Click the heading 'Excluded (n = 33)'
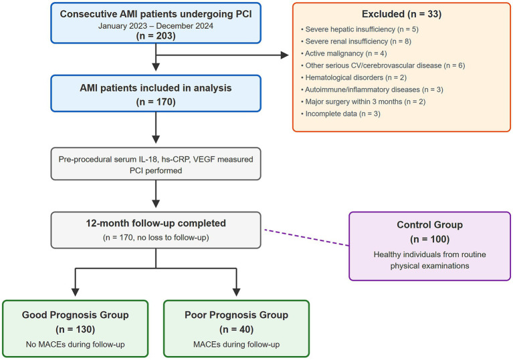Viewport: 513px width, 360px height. click(x=401, y=14)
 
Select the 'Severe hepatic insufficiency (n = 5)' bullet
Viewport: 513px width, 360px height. click(x=360, y=29)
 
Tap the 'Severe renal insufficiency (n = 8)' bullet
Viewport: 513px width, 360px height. click(x=356, y=41)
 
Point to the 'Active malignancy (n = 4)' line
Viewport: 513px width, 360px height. click(x=344, y=53)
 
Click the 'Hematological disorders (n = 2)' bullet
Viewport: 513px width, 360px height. click(x=354, y=77)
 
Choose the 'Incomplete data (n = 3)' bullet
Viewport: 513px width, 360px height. click(x=340, y=114)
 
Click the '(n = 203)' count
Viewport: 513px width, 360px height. click(x=156, y=35)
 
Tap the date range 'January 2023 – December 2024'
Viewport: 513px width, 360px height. click(x=156, y=26)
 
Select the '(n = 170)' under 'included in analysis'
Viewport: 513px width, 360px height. click(x=156, y=102)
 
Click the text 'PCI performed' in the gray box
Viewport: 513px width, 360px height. click(x=156, y=170)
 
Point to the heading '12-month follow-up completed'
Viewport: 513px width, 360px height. click(x=156, y=223)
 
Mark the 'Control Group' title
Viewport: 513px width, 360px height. click(x=429, y=225)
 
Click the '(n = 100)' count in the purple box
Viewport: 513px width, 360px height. click(x=429, y=239)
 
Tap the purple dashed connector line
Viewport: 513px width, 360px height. click(x=307, y=238)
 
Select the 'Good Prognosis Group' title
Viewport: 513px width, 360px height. click(x=76, y=315)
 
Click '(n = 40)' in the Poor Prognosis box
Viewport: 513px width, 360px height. click(x=236, y=329)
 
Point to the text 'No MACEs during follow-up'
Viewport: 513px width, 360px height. click(x=76, y=345)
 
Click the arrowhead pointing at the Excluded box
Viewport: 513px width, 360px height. click(x=285, y=55)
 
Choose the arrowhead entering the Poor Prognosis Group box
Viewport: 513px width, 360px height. click(x=236, y=293)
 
